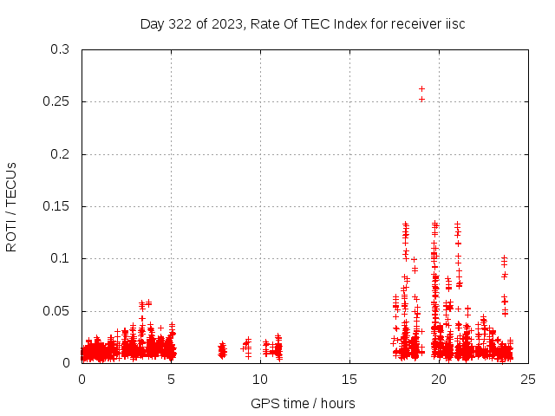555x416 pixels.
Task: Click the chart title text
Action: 303,23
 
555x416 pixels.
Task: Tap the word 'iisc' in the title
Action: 453,23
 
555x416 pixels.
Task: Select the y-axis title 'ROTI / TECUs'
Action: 11,206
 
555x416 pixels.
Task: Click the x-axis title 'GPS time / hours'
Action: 303,403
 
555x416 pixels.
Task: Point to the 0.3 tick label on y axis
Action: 60,49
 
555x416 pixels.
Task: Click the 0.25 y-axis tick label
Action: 56,102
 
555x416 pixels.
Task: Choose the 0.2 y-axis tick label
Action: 60,154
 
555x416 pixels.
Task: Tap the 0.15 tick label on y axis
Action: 56,206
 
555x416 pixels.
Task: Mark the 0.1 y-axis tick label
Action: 60,258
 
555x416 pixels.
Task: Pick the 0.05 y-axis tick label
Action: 56,310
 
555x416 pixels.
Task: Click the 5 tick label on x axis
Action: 172,380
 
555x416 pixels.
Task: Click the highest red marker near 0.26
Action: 421,88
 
